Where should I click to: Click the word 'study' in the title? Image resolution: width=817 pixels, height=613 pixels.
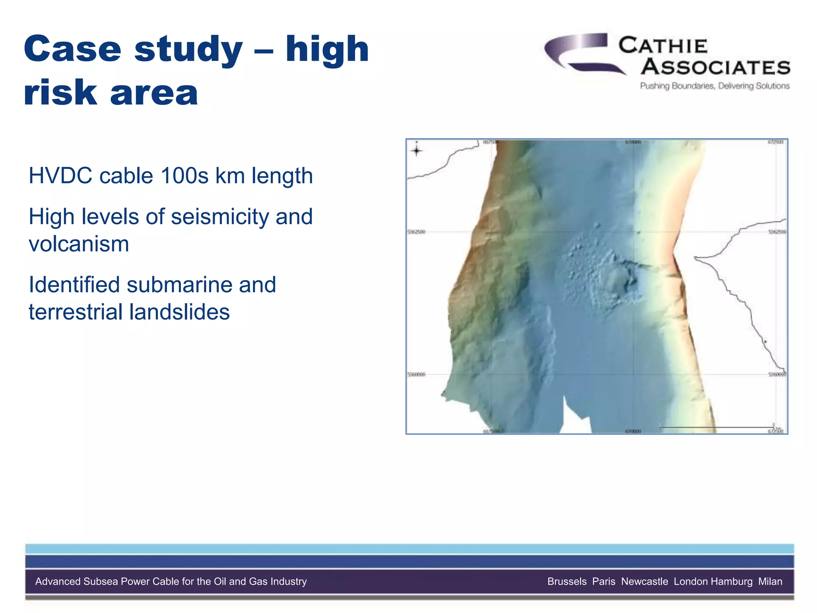[x=188, y=50]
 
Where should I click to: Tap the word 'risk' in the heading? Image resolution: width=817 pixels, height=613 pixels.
[x=60, y=93]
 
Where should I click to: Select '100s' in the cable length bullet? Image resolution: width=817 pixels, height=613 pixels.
[x=185, y=176]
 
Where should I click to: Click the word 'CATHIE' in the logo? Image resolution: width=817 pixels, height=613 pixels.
[x=663, y=45]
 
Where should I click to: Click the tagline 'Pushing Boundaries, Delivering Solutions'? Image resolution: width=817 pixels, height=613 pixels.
[x=714, y=86]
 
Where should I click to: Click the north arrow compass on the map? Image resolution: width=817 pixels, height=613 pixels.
[x=416, y=150]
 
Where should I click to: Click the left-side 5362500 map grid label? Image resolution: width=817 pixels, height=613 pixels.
[x=416, y=232]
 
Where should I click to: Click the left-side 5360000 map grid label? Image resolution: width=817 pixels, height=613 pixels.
[x=416, y=375]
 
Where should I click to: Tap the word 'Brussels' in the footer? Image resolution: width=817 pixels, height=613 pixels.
[x=567, y=581]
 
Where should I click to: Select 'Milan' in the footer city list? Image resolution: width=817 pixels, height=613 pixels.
[x=770, y=581]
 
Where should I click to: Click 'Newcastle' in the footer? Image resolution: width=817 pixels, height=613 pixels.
[x=644, y=581]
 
